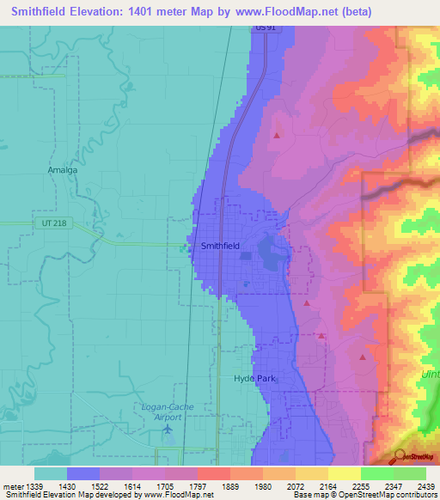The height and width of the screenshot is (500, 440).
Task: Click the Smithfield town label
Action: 220,246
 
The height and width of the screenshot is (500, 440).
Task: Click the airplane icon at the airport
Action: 168,429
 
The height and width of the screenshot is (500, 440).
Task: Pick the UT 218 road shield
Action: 53,223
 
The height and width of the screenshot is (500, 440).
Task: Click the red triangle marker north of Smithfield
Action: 277,135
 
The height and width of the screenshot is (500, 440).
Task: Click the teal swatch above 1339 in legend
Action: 51,473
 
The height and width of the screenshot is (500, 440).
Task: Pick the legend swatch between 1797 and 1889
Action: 214,473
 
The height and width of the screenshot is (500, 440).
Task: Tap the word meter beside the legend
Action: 11,486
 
